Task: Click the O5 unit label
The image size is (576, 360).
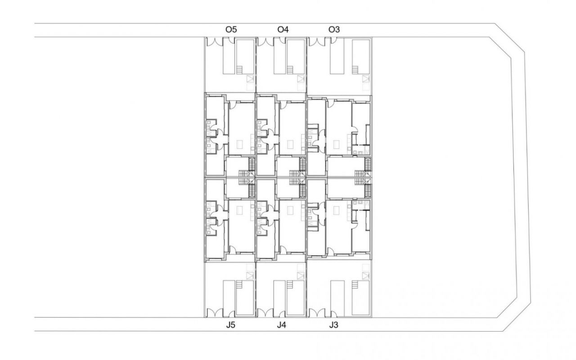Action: point(231,30)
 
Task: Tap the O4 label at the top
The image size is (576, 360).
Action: point(283,30)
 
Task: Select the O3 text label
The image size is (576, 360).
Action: point(334,30)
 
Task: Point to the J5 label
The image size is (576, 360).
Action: point(230,325)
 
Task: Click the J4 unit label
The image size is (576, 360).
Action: point(281,325)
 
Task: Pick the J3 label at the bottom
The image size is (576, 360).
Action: point(333,325)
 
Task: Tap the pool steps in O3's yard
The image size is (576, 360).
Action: point(355,70)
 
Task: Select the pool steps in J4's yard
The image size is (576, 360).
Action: point(290,284)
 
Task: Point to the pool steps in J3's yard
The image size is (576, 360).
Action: point(355,284)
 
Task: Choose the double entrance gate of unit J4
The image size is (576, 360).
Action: point(265,313)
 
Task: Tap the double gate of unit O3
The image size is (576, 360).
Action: point(317,42)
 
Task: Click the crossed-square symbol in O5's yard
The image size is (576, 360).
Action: point(250,79)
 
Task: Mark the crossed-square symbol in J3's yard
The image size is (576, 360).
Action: point(366,276)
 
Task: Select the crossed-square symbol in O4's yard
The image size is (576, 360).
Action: point(301,79)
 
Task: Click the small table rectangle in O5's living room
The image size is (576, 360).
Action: point(240,144)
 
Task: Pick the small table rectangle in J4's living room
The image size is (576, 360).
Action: point(290,210)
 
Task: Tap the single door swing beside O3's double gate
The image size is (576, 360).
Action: point(333,40)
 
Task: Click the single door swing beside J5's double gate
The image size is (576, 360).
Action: point(231,314)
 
